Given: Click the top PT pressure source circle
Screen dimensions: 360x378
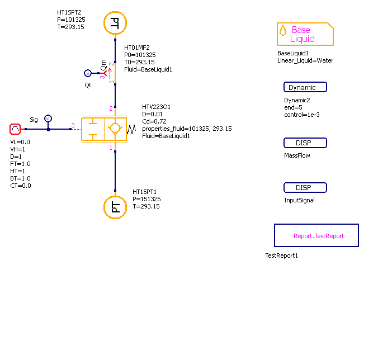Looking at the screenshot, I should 115,23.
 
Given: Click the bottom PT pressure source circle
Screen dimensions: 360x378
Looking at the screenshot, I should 115,207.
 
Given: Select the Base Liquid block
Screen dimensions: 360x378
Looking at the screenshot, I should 305,34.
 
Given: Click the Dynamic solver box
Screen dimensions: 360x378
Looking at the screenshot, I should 305,87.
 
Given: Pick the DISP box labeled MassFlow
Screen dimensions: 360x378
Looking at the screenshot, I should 305,143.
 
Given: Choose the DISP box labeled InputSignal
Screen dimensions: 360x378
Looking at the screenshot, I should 305,188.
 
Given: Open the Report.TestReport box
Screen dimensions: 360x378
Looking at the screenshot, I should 316,235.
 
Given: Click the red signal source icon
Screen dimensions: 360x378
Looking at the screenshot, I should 16,129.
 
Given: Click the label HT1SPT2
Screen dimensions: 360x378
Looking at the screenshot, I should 70,12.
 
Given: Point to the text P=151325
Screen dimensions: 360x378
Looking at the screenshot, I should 147,199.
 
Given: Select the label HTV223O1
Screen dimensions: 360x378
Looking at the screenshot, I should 156,107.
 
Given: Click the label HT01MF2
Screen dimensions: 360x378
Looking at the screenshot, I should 137,48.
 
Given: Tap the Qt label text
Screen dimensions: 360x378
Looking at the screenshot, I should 88,85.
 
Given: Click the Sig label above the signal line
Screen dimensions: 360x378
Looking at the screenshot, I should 34,120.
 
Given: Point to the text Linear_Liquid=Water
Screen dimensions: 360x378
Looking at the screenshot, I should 305,60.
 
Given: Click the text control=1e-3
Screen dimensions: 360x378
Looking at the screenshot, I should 301,115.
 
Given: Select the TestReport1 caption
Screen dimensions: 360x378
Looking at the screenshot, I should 282,255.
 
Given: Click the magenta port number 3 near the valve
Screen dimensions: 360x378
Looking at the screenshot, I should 73,125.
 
